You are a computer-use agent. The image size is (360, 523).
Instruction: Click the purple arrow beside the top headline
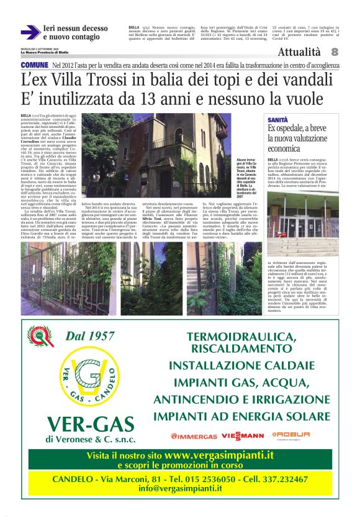30,32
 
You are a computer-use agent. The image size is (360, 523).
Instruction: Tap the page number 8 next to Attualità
335,53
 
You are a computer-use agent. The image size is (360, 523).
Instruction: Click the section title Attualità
300,53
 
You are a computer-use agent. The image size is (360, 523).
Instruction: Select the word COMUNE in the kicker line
35,65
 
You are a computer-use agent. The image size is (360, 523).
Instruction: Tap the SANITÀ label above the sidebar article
277,118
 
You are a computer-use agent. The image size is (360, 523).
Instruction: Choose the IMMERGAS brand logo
194,437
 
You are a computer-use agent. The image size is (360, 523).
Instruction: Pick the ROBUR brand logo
290,435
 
